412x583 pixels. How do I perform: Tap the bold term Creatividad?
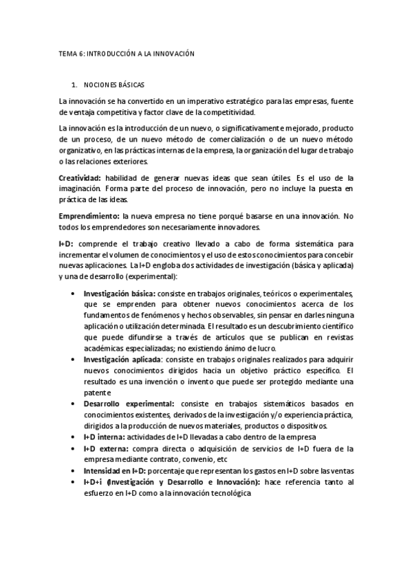coord(80,178)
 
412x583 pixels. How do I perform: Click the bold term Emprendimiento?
coord(88,217)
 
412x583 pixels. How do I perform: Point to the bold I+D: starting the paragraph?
coord(68,243)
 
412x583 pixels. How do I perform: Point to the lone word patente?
coord(97,392)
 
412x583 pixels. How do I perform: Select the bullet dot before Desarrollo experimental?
coord(73,404)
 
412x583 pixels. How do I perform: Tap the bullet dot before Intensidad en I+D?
coord(73,471)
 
